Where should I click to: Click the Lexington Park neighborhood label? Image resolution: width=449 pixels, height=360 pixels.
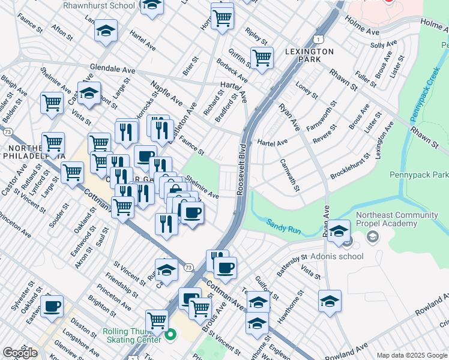tap(310, 56)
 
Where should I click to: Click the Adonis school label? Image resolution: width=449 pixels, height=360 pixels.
tap(337, 256)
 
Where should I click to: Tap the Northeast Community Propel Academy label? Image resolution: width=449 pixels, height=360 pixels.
tap(386, 220)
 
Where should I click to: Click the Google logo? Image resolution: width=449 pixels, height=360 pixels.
tap(20, 352)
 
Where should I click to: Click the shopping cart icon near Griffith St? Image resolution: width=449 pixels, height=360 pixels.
tap(262, 58)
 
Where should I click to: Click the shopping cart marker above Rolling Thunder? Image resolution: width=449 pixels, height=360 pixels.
tap(157, 320)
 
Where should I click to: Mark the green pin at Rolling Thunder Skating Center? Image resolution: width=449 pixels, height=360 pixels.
tap(170, 335)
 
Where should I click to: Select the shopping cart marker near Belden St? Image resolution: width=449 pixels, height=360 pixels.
tap(52, 103)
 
